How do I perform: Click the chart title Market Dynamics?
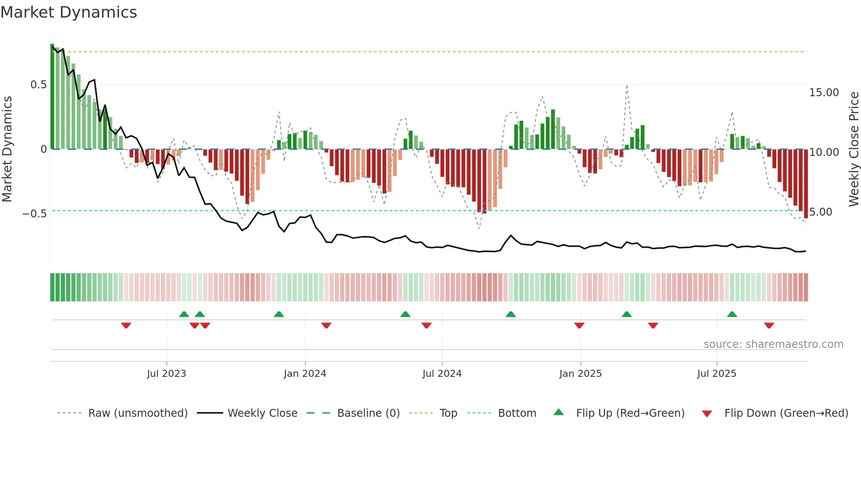coord(69,12)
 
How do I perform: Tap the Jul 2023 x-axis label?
coord(166,374)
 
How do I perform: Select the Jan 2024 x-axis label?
coord(305,374)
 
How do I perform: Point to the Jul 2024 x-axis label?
coord(442,374)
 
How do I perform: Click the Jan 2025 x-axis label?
coord(580,374)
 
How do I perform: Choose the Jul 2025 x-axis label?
coord(716,374)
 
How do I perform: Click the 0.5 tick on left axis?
coord(38,85)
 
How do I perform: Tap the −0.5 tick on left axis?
coord(34,214)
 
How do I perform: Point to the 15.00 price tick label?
coord(824,93)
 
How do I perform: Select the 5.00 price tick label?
coord(821,212)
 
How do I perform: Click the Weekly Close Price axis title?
coord(854,149)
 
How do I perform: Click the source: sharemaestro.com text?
coord(773,344)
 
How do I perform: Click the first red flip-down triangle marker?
coord(126,325)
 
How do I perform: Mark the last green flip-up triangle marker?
coord(732,314)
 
